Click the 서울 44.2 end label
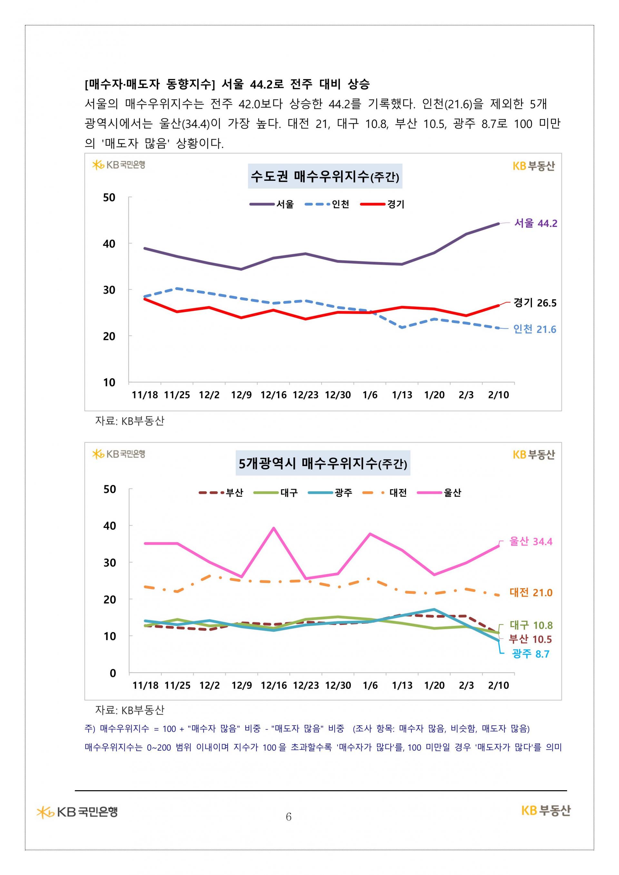pos(535,223)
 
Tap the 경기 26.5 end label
pos(535,303)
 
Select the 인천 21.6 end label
pos(535,329)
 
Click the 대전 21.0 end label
pos(531,593)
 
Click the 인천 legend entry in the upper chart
pos(327,204)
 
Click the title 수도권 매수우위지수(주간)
pos(325,176)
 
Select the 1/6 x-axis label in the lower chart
pos(370,685)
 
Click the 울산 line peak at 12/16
pos(274,528)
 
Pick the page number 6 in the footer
pos(289,817)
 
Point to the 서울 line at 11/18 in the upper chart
pos(145,248)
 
